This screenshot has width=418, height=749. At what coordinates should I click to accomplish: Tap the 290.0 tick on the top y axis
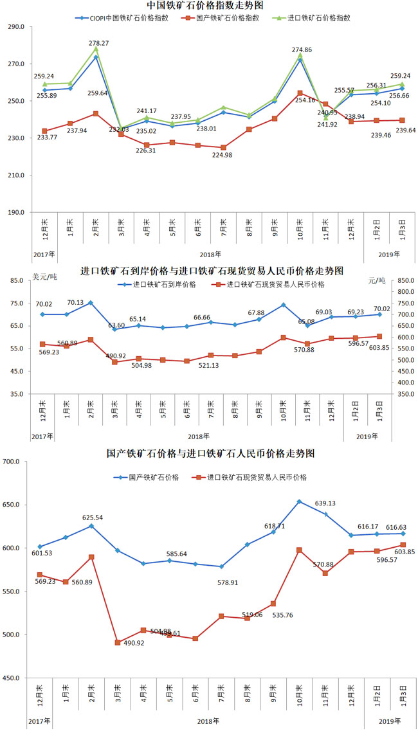coord(16,28)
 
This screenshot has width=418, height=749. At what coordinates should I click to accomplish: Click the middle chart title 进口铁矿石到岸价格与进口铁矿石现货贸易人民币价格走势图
coord(212,270)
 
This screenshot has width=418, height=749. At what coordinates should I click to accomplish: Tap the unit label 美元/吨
coord(44,278)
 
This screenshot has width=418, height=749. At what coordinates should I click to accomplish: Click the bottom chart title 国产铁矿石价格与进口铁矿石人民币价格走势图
coord(210,453)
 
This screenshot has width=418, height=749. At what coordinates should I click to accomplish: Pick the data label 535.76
coord(282,615)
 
